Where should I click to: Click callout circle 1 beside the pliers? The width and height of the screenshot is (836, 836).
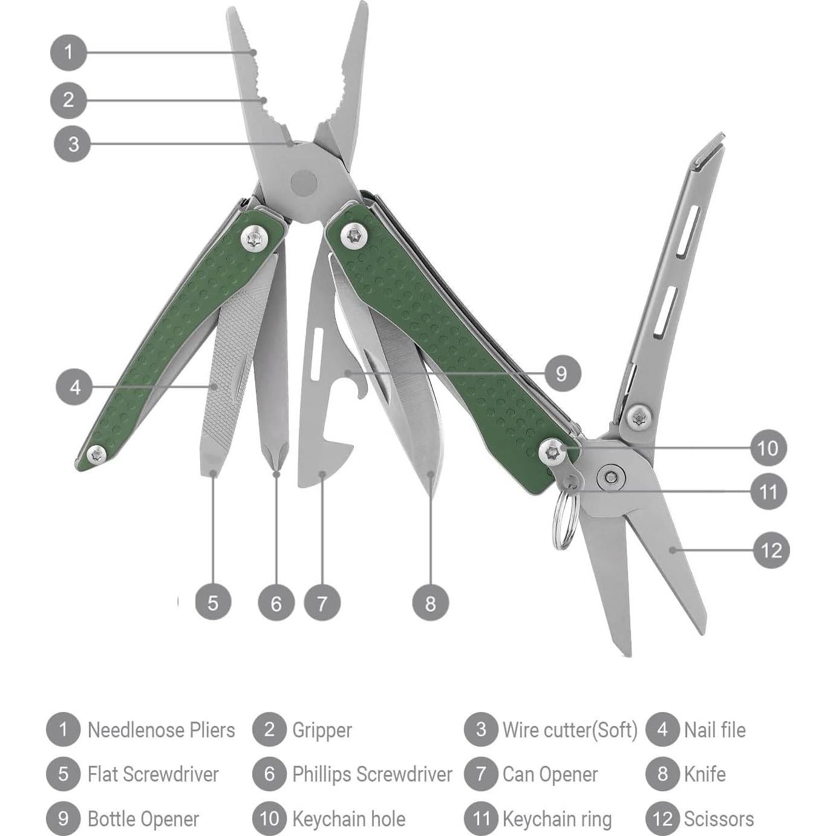pos(68,52)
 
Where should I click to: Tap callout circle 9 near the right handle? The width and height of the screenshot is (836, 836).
pos(561,373)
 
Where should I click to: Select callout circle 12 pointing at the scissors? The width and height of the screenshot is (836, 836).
pos(771,550)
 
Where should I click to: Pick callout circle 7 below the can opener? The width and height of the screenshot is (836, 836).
pos(322,603)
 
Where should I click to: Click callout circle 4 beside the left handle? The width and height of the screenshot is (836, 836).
pos(74,387)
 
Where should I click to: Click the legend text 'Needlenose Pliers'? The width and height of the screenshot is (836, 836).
pos(161,730)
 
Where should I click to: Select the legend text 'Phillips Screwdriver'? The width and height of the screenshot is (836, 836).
pos(371,774)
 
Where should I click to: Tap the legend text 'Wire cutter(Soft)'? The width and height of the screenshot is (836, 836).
pos(570,730)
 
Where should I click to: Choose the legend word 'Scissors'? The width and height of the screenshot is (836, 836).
pos(719,818)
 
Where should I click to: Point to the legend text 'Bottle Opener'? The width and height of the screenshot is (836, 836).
pos(143,818)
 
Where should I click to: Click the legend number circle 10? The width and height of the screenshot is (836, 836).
pos(269,818)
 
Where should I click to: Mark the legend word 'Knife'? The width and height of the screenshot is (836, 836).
pos(704,774)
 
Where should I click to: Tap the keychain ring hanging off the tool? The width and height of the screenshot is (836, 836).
pos(563,520)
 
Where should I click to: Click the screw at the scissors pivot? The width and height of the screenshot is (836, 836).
pos(612,477)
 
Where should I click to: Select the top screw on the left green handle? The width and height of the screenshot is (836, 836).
pos(256,238)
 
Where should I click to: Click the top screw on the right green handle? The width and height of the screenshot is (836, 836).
pos(354,236)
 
